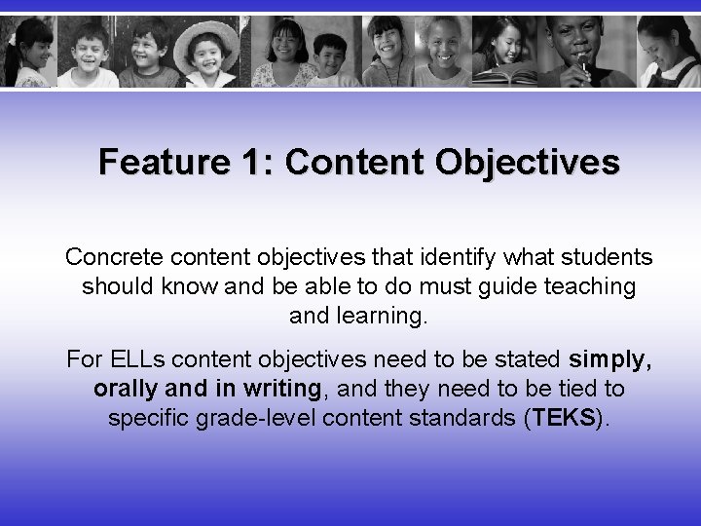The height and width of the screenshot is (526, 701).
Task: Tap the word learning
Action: click(375, 316)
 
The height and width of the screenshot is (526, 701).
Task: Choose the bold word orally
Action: click(126, 389)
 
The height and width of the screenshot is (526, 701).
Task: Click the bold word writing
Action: click(282, 389)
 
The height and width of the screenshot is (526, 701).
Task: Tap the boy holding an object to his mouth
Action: click(580, 49)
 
